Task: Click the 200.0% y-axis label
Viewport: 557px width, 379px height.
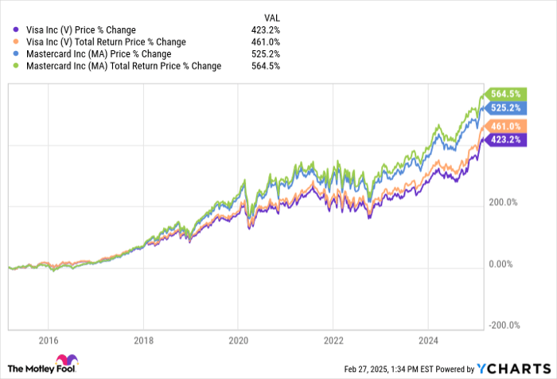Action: click(503, 203)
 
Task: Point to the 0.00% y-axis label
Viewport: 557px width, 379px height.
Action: click(503, 264)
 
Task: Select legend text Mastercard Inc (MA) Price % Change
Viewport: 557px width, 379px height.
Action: click(101, 54)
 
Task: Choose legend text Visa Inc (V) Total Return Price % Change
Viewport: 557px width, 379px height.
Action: click(105, 42)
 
